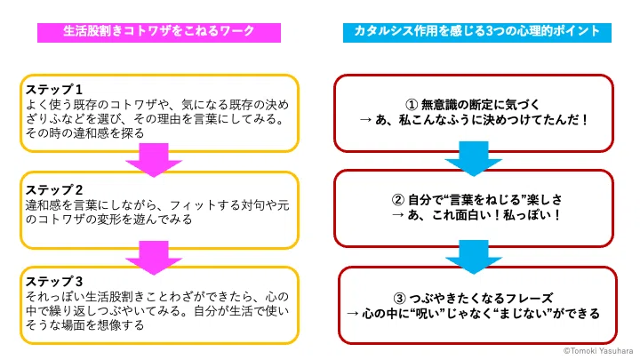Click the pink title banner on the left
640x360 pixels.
tap(159, 33)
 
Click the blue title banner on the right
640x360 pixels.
tap(476, 33)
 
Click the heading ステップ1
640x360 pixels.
tap(54, 90)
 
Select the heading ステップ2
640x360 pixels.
tap(54, 190)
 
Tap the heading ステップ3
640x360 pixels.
tap(54, 282)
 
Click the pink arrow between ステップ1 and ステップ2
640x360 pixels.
tap(154, 160)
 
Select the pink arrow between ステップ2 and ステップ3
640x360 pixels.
tap(154, 257)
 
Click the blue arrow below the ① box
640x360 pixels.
tap(474, 158)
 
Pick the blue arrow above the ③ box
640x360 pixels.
tap(474, 257)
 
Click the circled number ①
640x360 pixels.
tap(412, 105)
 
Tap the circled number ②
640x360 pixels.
tap(398, 200)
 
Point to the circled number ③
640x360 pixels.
tap(400, 299)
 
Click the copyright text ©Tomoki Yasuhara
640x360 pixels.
tap(598, 350)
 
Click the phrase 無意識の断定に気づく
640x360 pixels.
tap(480, 105)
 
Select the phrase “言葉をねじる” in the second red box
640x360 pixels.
tap(484, 200)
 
